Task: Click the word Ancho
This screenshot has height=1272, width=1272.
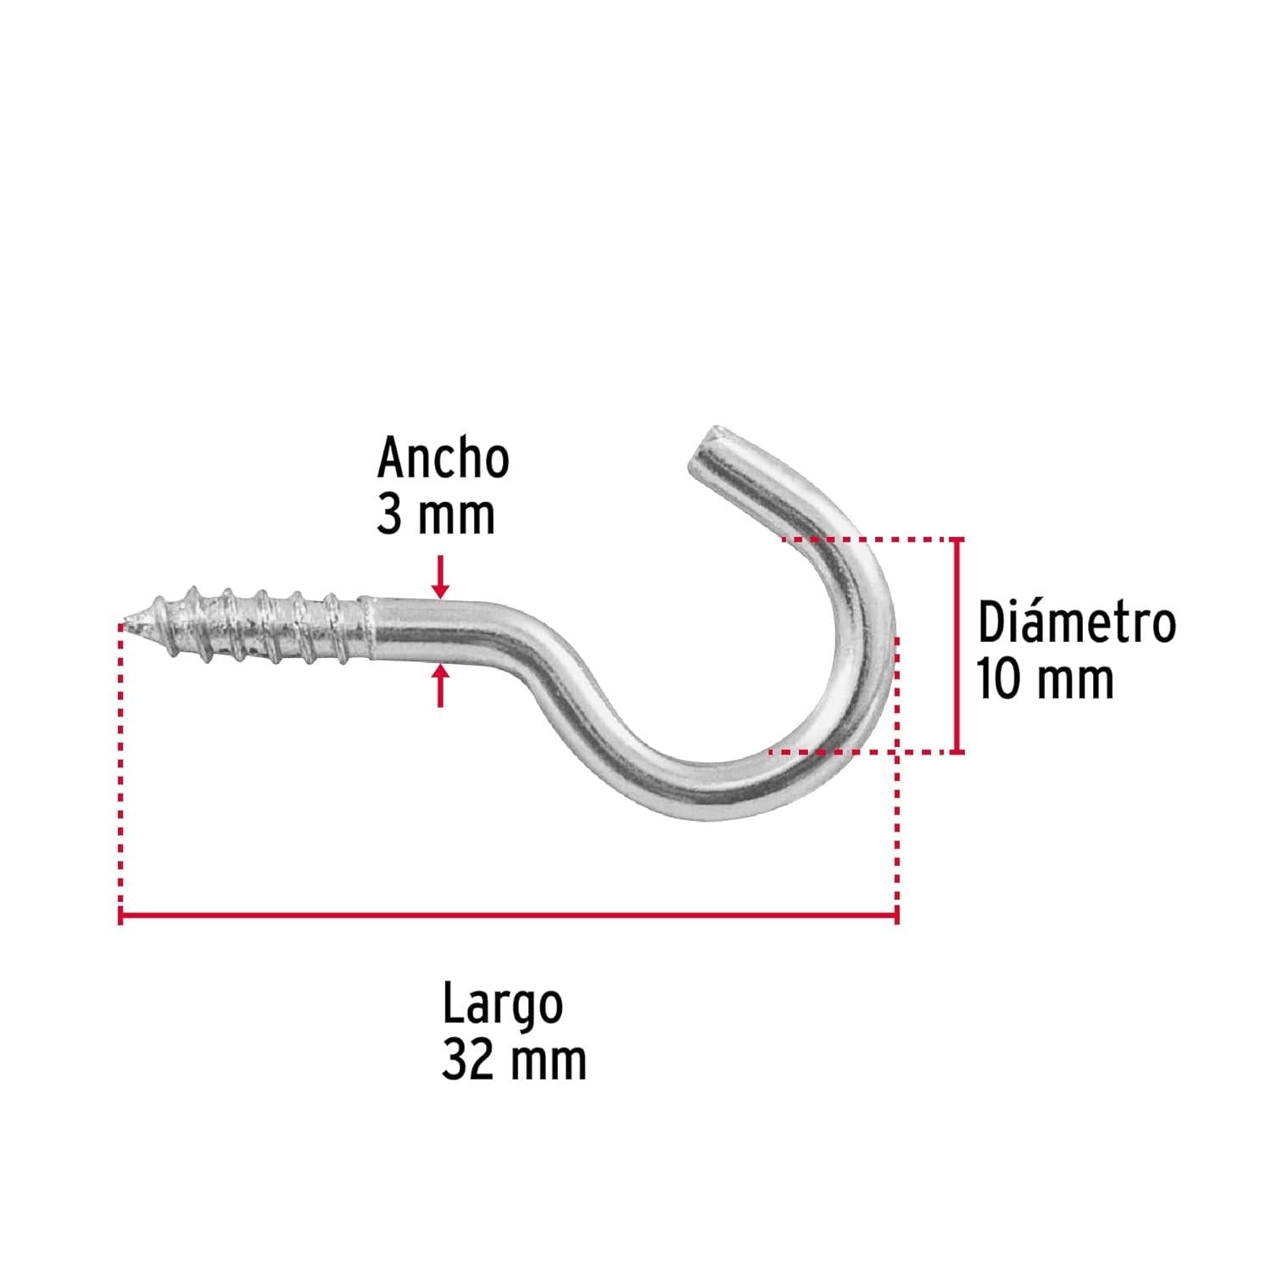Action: click(x=443, y=459)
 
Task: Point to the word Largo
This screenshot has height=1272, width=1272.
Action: click(x=502, y=1005)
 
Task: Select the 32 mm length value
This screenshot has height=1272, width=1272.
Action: click(x=514, y=1059)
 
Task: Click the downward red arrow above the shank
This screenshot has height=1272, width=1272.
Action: click(x=439, y=577)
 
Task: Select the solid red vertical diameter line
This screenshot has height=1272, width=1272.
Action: click(x=958, y=645)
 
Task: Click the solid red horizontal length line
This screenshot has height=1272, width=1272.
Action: click(x=508, y=916)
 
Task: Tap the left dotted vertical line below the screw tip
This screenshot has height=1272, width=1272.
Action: click(x=122, y=767)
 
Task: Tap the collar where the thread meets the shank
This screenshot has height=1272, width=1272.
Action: click(x=366, y=628)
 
